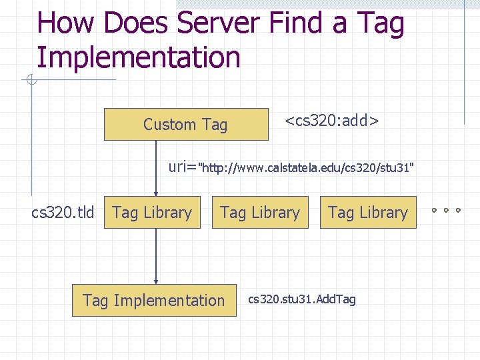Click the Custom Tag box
[185, 124]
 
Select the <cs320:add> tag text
[332, 121]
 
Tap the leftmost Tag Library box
[152, 213]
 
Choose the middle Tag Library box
[260, 213]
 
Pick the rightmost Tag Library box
[367, 213]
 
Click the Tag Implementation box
[154, 300]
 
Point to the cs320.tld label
[63, 213]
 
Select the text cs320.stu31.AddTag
[302, 300]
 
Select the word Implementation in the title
[138, 57]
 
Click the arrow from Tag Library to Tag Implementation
[156, 256]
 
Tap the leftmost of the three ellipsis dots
[433, 210]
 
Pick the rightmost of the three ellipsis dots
[458, 210]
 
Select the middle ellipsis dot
[446, 210]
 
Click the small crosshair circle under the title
[31, 81]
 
